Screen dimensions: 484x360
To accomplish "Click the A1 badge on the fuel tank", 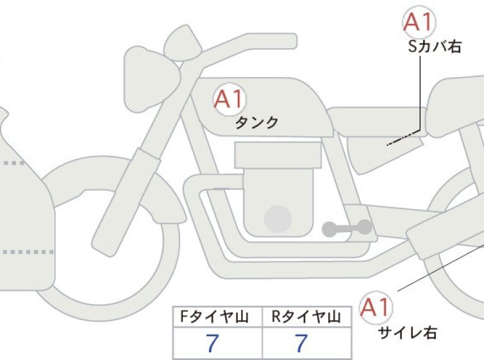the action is click(x=229, y=99).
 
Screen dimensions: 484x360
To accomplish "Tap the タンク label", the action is click(x=257, y=123).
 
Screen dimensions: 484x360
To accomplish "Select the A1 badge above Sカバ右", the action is click(x=419, y=22).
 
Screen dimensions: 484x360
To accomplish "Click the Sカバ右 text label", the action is click(x=435, y=47).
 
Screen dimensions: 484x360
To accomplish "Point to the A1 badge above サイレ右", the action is click(x=376, y=307).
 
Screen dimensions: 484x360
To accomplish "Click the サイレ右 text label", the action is click(x=408, y=333).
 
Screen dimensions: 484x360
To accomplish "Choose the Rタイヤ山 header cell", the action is click(x=306, y=317).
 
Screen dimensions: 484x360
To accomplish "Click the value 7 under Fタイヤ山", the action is click(x=212, y=343).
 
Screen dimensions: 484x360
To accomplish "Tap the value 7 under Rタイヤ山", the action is click(x=301, y=343).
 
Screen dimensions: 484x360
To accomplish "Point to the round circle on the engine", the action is click(x=278, y=219).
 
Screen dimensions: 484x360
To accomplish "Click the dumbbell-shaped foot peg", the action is click(x=347, y=228).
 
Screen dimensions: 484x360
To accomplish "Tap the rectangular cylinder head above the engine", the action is click(x=278, y=155).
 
